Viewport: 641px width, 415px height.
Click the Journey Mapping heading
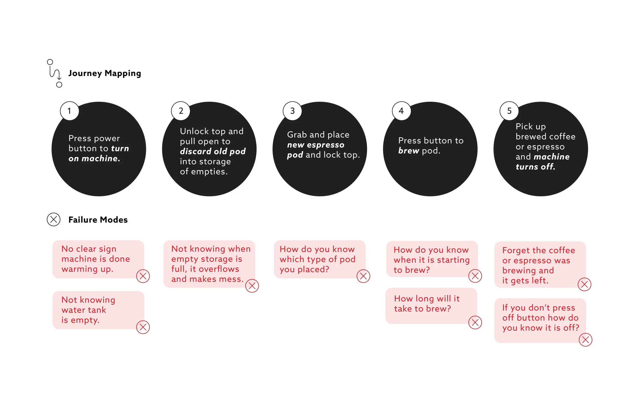click(105, 73)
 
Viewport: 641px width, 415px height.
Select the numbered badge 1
click(69, 111)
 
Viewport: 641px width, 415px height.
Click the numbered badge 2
click(181, 111)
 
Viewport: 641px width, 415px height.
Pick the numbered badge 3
click(292, 111)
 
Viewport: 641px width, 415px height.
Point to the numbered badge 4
click(401, 111)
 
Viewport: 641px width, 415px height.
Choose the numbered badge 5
click(509, 111)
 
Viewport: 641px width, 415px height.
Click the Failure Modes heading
click(98, 220)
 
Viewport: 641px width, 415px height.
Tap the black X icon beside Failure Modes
click(54, 220)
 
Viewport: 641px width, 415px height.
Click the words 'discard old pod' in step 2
click(213, 151)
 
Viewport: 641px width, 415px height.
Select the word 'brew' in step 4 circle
click(408, 151)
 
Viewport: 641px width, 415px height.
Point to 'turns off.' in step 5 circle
click(535, 167)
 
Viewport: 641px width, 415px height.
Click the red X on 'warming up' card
click(143, 276)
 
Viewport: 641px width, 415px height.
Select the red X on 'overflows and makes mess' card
click(252, 286)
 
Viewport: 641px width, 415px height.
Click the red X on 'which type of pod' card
click(363, 276)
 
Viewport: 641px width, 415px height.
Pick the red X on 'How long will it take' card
click(475, 323)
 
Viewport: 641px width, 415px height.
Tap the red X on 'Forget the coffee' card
click(584, 284)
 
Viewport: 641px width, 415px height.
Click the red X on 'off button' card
click(586, 340)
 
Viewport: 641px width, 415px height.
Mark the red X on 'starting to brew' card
click(475, 276)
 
